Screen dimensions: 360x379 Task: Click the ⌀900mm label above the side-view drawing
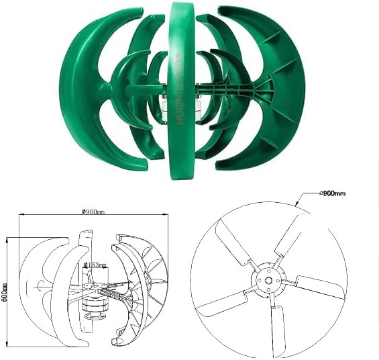click(x=93, y=212)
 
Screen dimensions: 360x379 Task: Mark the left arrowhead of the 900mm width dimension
click(x=20, y=216)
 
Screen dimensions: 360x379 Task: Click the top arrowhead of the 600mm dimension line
click(x=8, y=237)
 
